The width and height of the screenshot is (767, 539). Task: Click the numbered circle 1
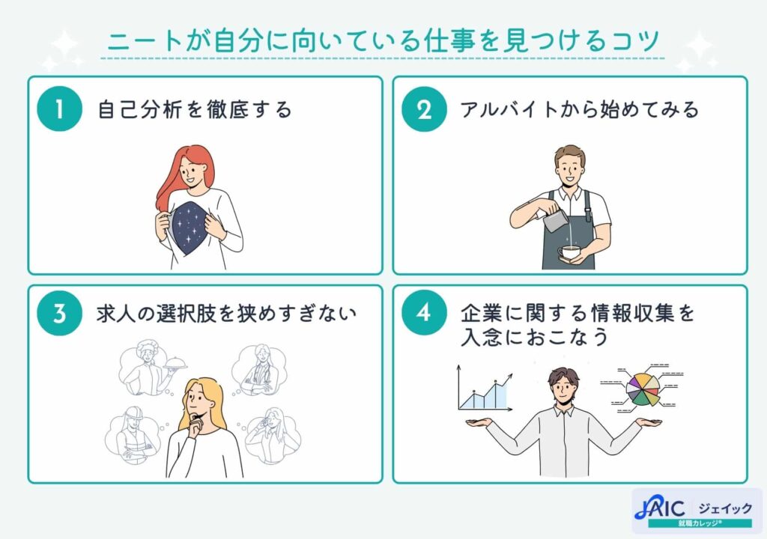[58, 109]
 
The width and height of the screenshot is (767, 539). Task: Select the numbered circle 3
[58, 312]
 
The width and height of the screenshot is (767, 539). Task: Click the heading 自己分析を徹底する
[195, 110]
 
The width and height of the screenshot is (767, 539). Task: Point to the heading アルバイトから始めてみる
[579, 110]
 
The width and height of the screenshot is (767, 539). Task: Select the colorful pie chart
[643, 386]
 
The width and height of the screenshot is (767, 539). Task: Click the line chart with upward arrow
[483, 391]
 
